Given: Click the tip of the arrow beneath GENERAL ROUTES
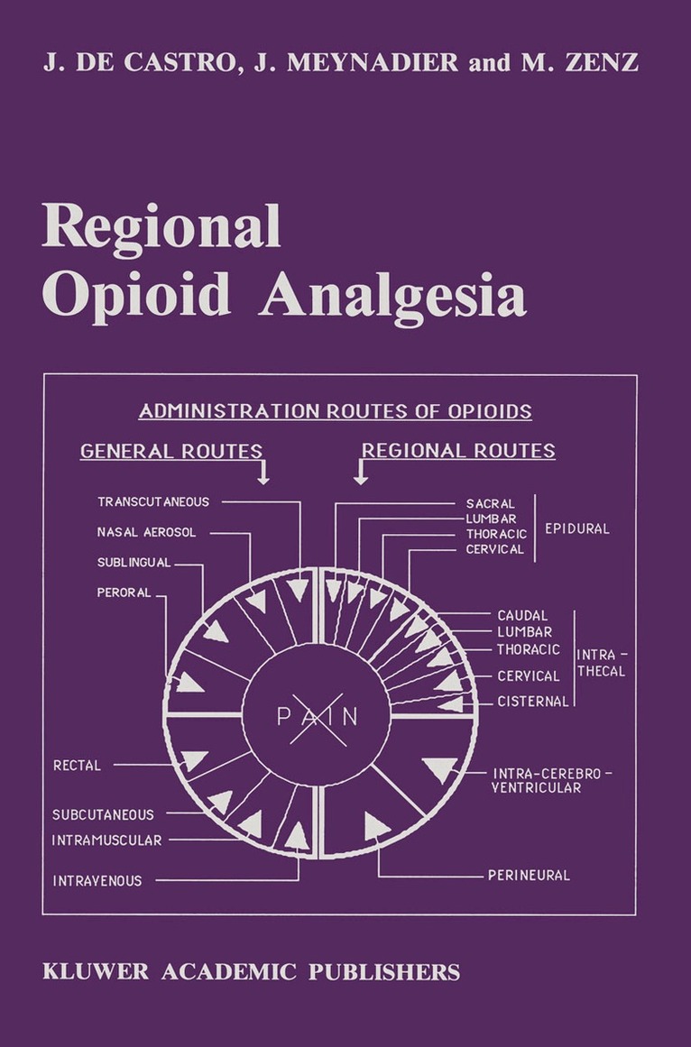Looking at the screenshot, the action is pos(263,484).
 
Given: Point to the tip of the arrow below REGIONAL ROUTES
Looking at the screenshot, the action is pos(361,484).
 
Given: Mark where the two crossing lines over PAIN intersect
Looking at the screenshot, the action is pos(318,717).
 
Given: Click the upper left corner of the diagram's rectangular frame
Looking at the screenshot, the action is pos(43,374).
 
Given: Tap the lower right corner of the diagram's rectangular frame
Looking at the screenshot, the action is pos(636,914).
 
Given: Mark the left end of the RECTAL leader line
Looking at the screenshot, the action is pos(115,765).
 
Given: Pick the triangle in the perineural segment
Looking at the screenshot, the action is pos(376,826).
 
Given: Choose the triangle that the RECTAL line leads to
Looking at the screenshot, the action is pos(194,760).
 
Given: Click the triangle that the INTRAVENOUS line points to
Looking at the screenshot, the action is pos(298,835).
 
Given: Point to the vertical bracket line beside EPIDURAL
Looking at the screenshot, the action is pos(535,528).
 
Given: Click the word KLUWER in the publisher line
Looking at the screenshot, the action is pos(96,971).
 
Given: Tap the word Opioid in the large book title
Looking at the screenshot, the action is pos(136,296).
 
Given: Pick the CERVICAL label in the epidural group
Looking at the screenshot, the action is pos(494,549).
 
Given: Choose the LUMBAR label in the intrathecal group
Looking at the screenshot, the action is pos(525,631).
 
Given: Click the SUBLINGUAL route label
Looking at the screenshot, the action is pos(134,562).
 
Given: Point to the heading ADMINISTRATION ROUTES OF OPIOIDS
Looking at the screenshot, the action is pos(336,411).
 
